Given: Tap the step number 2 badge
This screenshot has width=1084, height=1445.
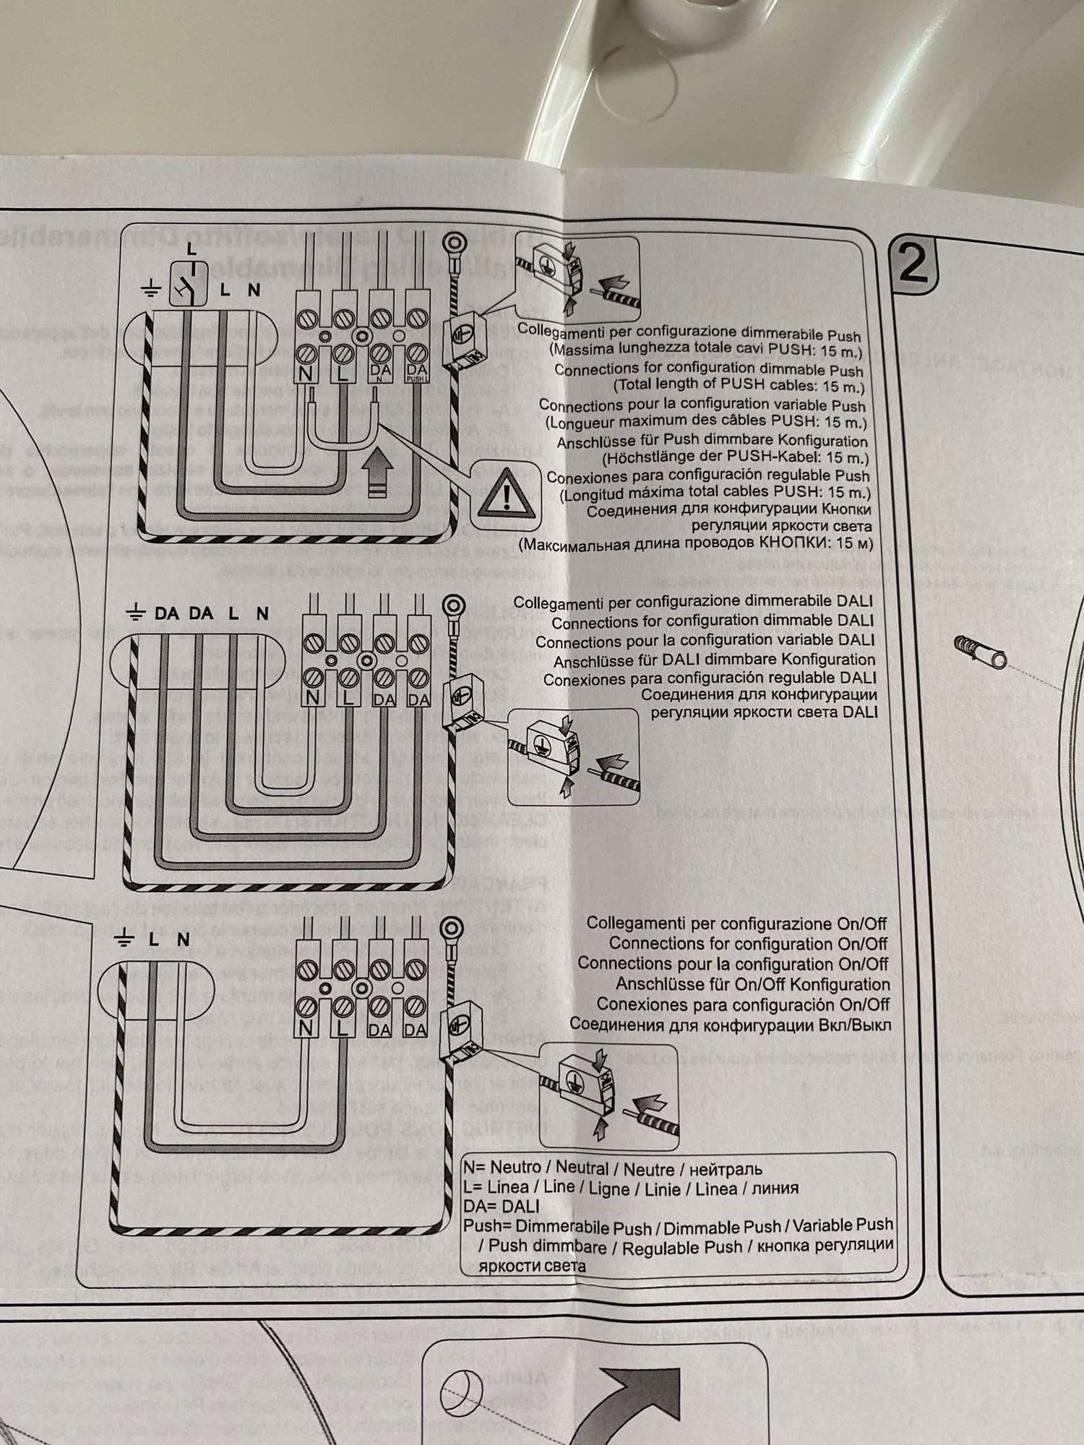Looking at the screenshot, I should click(914, 265).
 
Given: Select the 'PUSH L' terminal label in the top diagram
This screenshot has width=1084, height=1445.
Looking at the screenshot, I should click(417, 372).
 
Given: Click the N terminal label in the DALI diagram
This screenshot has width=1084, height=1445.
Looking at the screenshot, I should click(313, 698).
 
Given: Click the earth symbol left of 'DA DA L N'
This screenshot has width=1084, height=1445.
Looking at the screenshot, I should click(134, 614).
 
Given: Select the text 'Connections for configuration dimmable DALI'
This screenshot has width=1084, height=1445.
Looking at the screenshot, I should click(713, 621).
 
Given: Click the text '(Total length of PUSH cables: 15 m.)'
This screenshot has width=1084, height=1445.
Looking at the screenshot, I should click(738, 387).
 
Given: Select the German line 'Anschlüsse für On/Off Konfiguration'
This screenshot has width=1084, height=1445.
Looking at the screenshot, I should click(752, 984).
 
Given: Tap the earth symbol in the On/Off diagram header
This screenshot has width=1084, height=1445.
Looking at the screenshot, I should click(124, 939).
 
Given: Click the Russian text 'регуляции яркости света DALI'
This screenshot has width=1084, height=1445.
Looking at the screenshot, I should click(764, 712).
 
